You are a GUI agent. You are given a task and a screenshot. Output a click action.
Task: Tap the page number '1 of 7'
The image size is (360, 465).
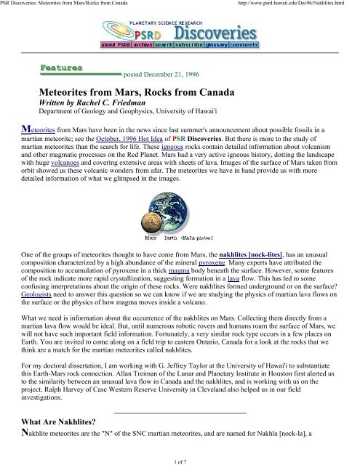tap(180, 459)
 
